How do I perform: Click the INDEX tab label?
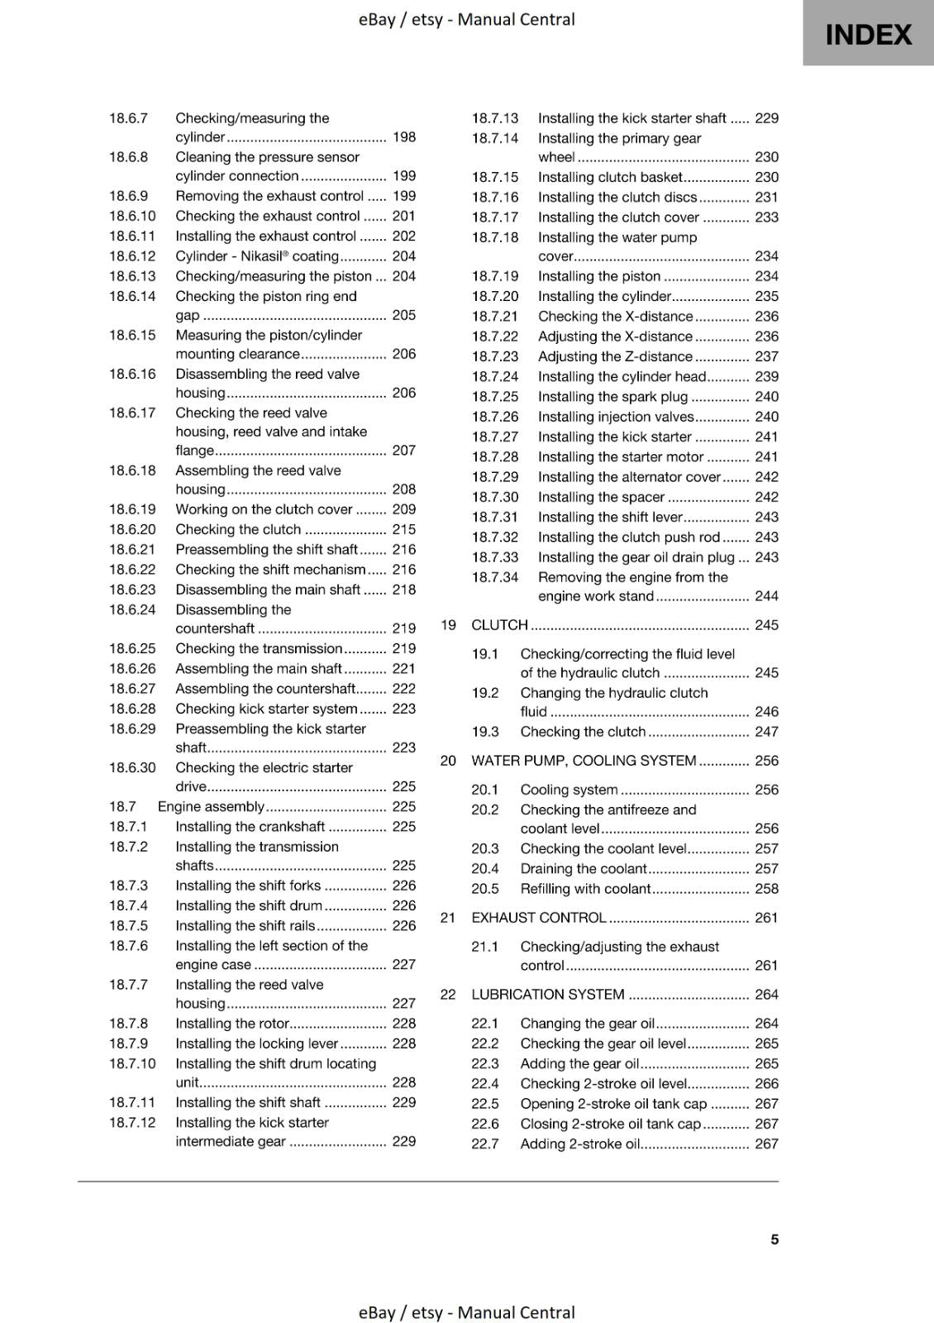click(x=868, y=35)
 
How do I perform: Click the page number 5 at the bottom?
click(x=774, y=1239)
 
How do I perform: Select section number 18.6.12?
click(x=132, y=256)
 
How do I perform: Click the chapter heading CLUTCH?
click(x=499, y=625)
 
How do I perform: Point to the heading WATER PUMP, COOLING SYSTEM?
click(x=584, y=761)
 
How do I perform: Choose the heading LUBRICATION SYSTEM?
click(x=547, y=995)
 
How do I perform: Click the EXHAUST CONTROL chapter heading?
click(x=538, y=918)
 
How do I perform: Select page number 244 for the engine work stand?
click(x=766, y=596)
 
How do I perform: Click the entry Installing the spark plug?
click(x=612, y=397)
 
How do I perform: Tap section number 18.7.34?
click(x=495, y=577)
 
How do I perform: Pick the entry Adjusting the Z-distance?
click(x=615, y=356)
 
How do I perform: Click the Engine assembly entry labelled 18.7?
click(x=211, y=806)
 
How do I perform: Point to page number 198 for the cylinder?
click(x=404, y=137)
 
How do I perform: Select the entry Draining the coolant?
click(x=583, y=869)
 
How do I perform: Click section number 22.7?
click(x=485, y=1144)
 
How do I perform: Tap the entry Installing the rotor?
click(x=231, y=1024)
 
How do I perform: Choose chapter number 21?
click(x=448, y=918)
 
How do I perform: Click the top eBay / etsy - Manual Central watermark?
click(x=466, y=19)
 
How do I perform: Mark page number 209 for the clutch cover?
click(x=404, y=509)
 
